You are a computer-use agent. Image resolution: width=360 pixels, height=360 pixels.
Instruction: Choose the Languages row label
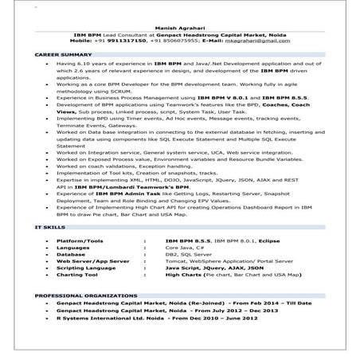pos(85,247)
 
